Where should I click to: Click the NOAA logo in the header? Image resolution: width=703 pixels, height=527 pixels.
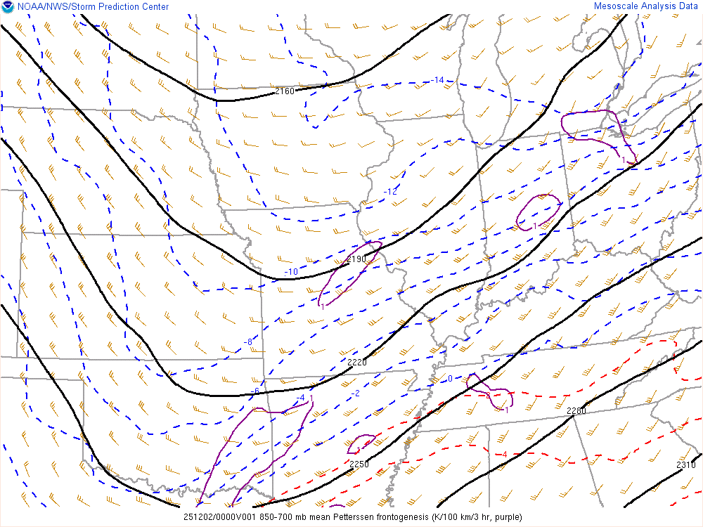(x=8, y=7)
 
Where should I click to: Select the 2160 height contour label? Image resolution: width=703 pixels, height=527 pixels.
(x=285, y=91)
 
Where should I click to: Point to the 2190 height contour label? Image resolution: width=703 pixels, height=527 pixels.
(x=356, y=259)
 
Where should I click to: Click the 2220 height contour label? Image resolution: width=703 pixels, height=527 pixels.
(x=357, y=362)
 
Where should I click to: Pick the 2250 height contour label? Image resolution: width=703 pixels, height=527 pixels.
(x=359, y=464)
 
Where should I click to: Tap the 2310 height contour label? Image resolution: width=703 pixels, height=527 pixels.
(x=686, y=464)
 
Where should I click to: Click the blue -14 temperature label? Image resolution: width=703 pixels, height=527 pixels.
(x=437, y=80)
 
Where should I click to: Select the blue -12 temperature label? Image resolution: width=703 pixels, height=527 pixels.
(x=390, y=192)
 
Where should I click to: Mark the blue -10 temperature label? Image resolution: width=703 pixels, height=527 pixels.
(x=290, y=272)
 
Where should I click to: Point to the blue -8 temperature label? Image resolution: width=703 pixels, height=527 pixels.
(x=247, y=341)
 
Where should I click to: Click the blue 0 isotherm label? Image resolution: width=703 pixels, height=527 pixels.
(x=450, y=379)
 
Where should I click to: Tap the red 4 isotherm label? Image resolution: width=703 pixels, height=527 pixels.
(x=504, y=455)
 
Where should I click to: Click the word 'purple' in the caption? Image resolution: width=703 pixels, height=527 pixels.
(x=508, y=517)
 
